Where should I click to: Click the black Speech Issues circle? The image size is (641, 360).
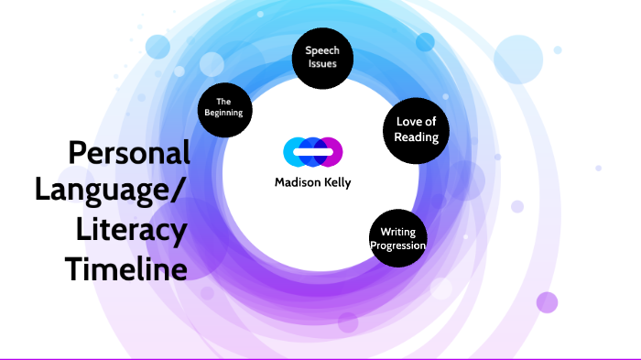[x=321, y=57]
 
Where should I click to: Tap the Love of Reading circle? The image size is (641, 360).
[x=416, y=129]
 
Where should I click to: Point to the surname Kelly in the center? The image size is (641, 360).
[x=332, y=181]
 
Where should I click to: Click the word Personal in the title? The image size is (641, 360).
[x=128, y=152]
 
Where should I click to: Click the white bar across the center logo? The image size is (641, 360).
[x=312, y=151]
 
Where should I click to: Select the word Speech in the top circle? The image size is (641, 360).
[x=321, y=51]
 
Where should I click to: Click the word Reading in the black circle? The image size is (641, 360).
[x=416, y=136]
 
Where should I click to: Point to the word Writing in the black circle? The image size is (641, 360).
[x=399, y=233]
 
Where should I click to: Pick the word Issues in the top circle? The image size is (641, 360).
[x=321, y=64]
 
